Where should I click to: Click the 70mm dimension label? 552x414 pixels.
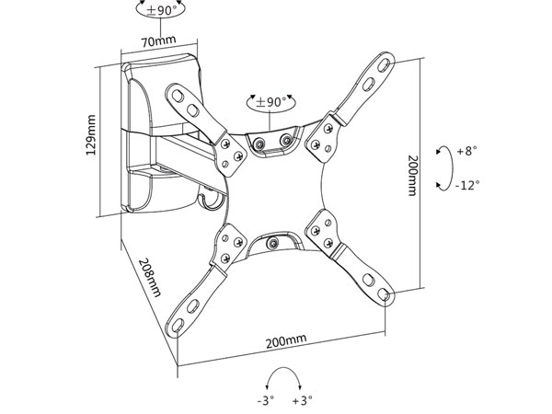[x=158, y=40]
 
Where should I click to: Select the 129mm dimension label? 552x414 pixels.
[x=91, y=134]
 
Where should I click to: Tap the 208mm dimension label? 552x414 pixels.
[x=150, y=278]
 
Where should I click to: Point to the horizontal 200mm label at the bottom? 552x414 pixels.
[x=286, y=340]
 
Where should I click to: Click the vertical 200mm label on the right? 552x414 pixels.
[x=412, y=176]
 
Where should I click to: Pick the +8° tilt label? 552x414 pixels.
[x=466, y=151]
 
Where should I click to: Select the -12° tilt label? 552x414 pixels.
[x=467, y=185]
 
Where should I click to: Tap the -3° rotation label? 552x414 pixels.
[x=266, y=400]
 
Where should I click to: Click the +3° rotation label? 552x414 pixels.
[x=303, y=400]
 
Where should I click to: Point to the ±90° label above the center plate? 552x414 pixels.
[x=271, y=102]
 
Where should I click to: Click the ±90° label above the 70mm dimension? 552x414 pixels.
[x=161, y=10]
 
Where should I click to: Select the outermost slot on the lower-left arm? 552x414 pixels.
[x=178, y=325]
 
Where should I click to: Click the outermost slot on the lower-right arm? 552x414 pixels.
[x=384, y=294]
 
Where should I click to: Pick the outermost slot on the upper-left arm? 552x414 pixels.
[x=178, y=96]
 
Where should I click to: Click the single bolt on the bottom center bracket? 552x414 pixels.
[x=272, y=243]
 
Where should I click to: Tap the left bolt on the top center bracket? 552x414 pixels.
[x=259, y=144]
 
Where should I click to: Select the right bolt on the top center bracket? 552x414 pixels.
[x=286, y=141]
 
